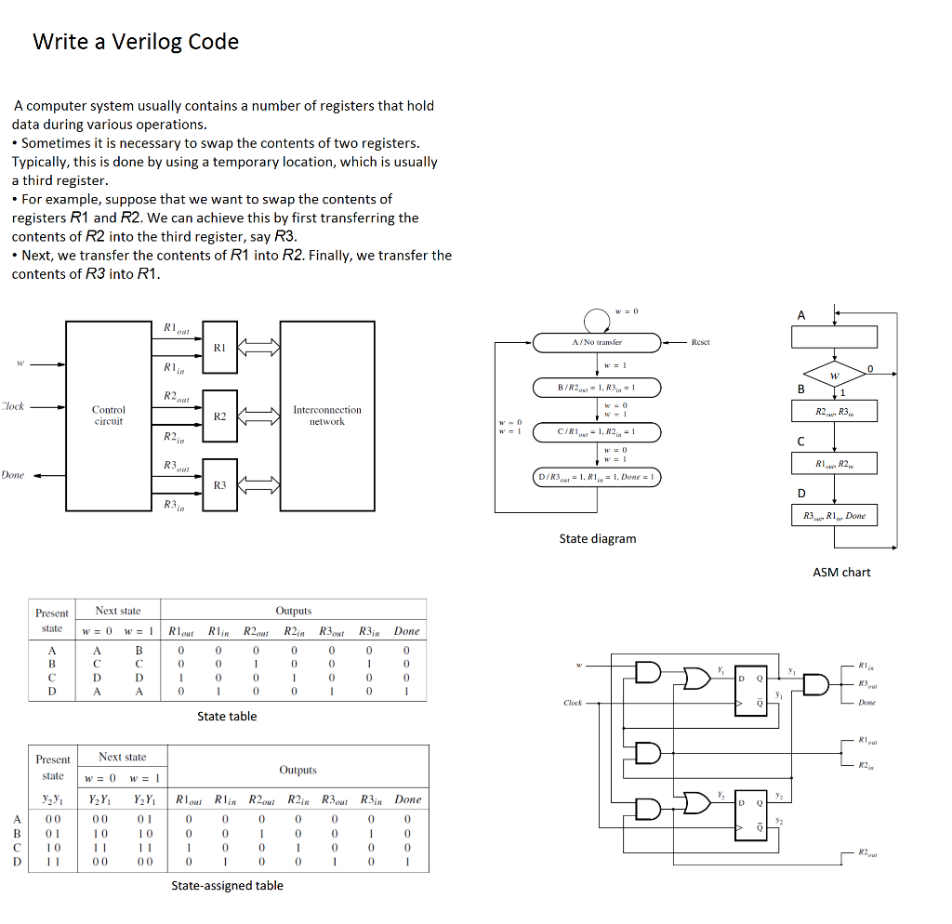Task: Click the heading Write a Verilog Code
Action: (x=136, y=42)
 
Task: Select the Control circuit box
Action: (x=109, y=416)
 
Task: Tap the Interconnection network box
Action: (x=326, y=416)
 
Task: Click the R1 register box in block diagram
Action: (x=219, y=348)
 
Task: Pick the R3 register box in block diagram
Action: (x=219, y=484)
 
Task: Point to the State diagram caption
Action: (x=598, y=538)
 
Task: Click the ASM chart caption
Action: (x=841, y=572)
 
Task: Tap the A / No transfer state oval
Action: (x=597, y=343)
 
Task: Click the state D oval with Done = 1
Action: (x=596, y=477)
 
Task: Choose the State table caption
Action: (x=227, y=716)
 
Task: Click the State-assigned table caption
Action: (x=227, y=885)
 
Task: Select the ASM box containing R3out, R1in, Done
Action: (x=834, y=516)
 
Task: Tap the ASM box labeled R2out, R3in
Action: (x=833, y=411)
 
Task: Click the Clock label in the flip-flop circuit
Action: (x=573, y=703)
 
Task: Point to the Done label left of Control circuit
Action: (x=13, y=475)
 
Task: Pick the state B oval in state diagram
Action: (x=596, y=387)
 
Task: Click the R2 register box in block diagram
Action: (x=219, y=416)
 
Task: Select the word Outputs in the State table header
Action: (x=294, y=611)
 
